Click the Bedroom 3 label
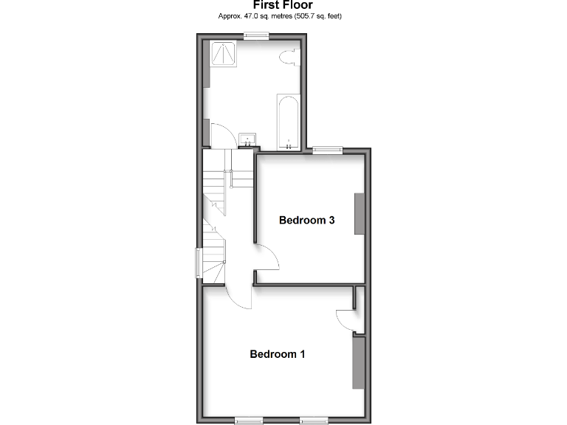tap(307, 220)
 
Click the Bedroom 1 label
tap(278, 354)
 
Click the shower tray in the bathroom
tap(222, 53)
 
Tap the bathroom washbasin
tap(247, 137)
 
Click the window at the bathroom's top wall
tap(256, 35)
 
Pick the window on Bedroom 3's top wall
tap(327, 150)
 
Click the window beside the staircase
tap(198, 263)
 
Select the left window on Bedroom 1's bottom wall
tap(250, 420)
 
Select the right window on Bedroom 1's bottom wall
tap(314, 420)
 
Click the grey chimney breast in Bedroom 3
tap(360, 214)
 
